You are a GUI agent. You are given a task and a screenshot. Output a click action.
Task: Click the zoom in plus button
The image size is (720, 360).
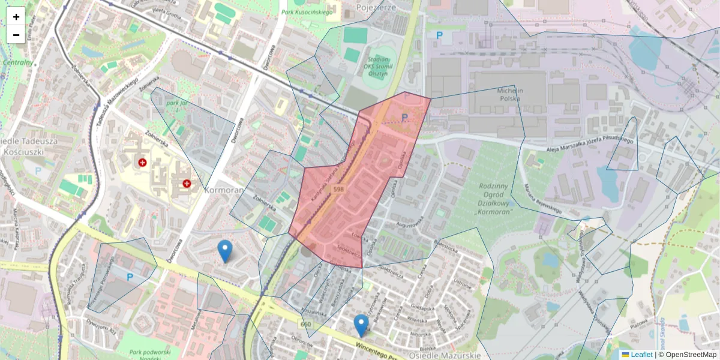coord(16,17)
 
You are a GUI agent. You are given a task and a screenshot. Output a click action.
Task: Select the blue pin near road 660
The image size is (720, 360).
coord(361,325)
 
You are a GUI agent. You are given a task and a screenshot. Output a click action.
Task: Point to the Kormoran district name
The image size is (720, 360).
coord(223,190)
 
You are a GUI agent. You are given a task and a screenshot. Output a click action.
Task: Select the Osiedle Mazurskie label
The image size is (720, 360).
coord(445,355)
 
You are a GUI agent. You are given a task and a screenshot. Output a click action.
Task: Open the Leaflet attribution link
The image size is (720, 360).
coord(641,355)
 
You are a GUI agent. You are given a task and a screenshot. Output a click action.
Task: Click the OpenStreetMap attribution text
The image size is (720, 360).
coord(690,355)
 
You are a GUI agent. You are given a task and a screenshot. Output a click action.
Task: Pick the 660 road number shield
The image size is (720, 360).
coord(306,325)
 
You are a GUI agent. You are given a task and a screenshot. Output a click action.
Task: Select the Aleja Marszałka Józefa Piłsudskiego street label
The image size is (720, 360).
coord(591,145)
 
